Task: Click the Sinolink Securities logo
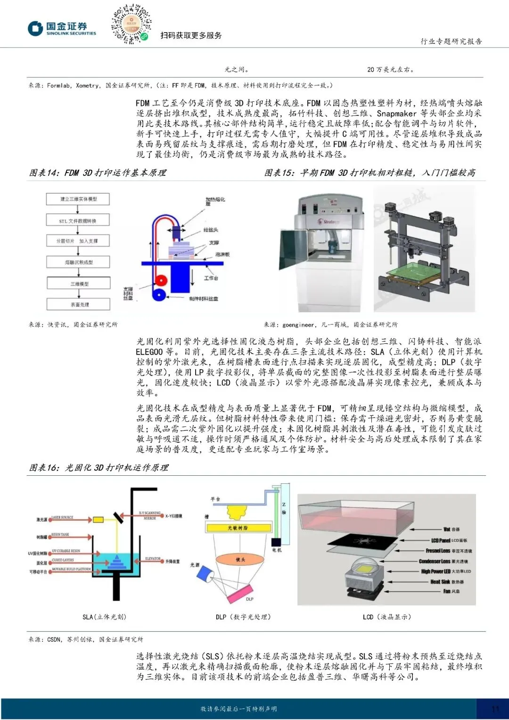[x=61, y=29]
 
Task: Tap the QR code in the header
[x=131, y=24]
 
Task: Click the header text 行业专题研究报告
[x=451, y=41]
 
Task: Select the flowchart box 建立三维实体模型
[x=78, y=199]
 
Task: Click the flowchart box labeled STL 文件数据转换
[x=78, y=220]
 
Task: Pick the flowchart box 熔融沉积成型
[x=78, y=262]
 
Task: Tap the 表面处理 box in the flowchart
[x=79, y=305]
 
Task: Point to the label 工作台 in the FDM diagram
[x=211, y=278]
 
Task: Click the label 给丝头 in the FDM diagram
[x=211, y=230]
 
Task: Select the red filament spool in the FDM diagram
[x=161, y=280]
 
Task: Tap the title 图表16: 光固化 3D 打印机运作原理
[x=99, y=468]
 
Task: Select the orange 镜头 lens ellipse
[x=240, y=560]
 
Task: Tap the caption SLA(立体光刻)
[x=104, y=617]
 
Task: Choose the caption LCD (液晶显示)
[x=386, y=617]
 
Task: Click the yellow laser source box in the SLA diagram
[x=98, y=520]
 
